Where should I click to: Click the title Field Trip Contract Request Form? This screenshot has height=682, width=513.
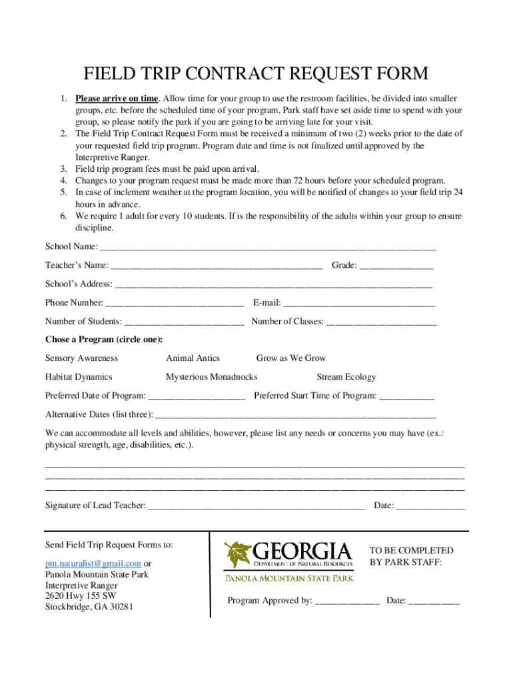tap(256, 73)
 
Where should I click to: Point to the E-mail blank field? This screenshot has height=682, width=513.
tap(359, 304)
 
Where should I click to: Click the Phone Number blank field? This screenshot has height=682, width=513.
tap(175, 304)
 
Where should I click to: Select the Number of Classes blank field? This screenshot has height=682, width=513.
tap(382, 323)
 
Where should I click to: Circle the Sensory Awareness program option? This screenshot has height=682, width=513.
tap(81, 358)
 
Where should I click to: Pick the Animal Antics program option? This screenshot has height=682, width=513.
tap(193, 358)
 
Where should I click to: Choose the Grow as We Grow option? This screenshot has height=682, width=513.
tap(291, 358)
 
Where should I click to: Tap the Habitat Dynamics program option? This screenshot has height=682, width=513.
tap(79, 377)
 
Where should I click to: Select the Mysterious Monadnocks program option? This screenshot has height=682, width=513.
tap(211, 377)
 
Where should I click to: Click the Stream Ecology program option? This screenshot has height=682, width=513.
tap(346, 377)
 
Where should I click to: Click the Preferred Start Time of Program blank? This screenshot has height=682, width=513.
tap(406, 397)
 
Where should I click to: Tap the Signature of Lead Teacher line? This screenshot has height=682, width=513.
tap(256, 506)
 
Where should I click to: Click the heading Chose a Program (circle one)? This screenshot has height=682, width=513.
tap(104, 340)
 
